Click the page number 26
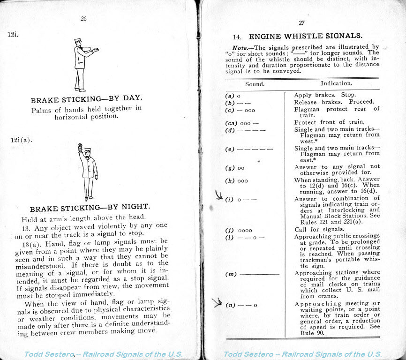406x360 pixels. (x=83, y=19)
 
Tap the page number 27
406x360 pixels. (x=301, y=23)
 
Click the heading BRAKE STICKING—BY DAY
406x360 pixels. (x=86, y=100)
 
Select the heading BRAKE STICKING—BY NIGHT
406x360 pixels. (x=90, y=208)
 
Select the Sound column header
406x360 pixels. (x=255, y=84)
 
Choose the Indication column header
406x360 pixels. (x=336, y=83)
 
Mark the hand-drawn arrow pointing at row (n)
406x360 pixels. (x=218, y=302)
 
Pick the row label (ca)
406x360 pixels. (x=232, y=123)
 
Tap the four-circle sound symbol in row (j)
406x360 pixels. (x=245, y=230)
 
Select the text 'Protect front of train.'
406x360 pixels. (x=325, y=123)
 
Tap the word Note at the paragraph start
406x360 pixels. (x=240, y=47)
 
